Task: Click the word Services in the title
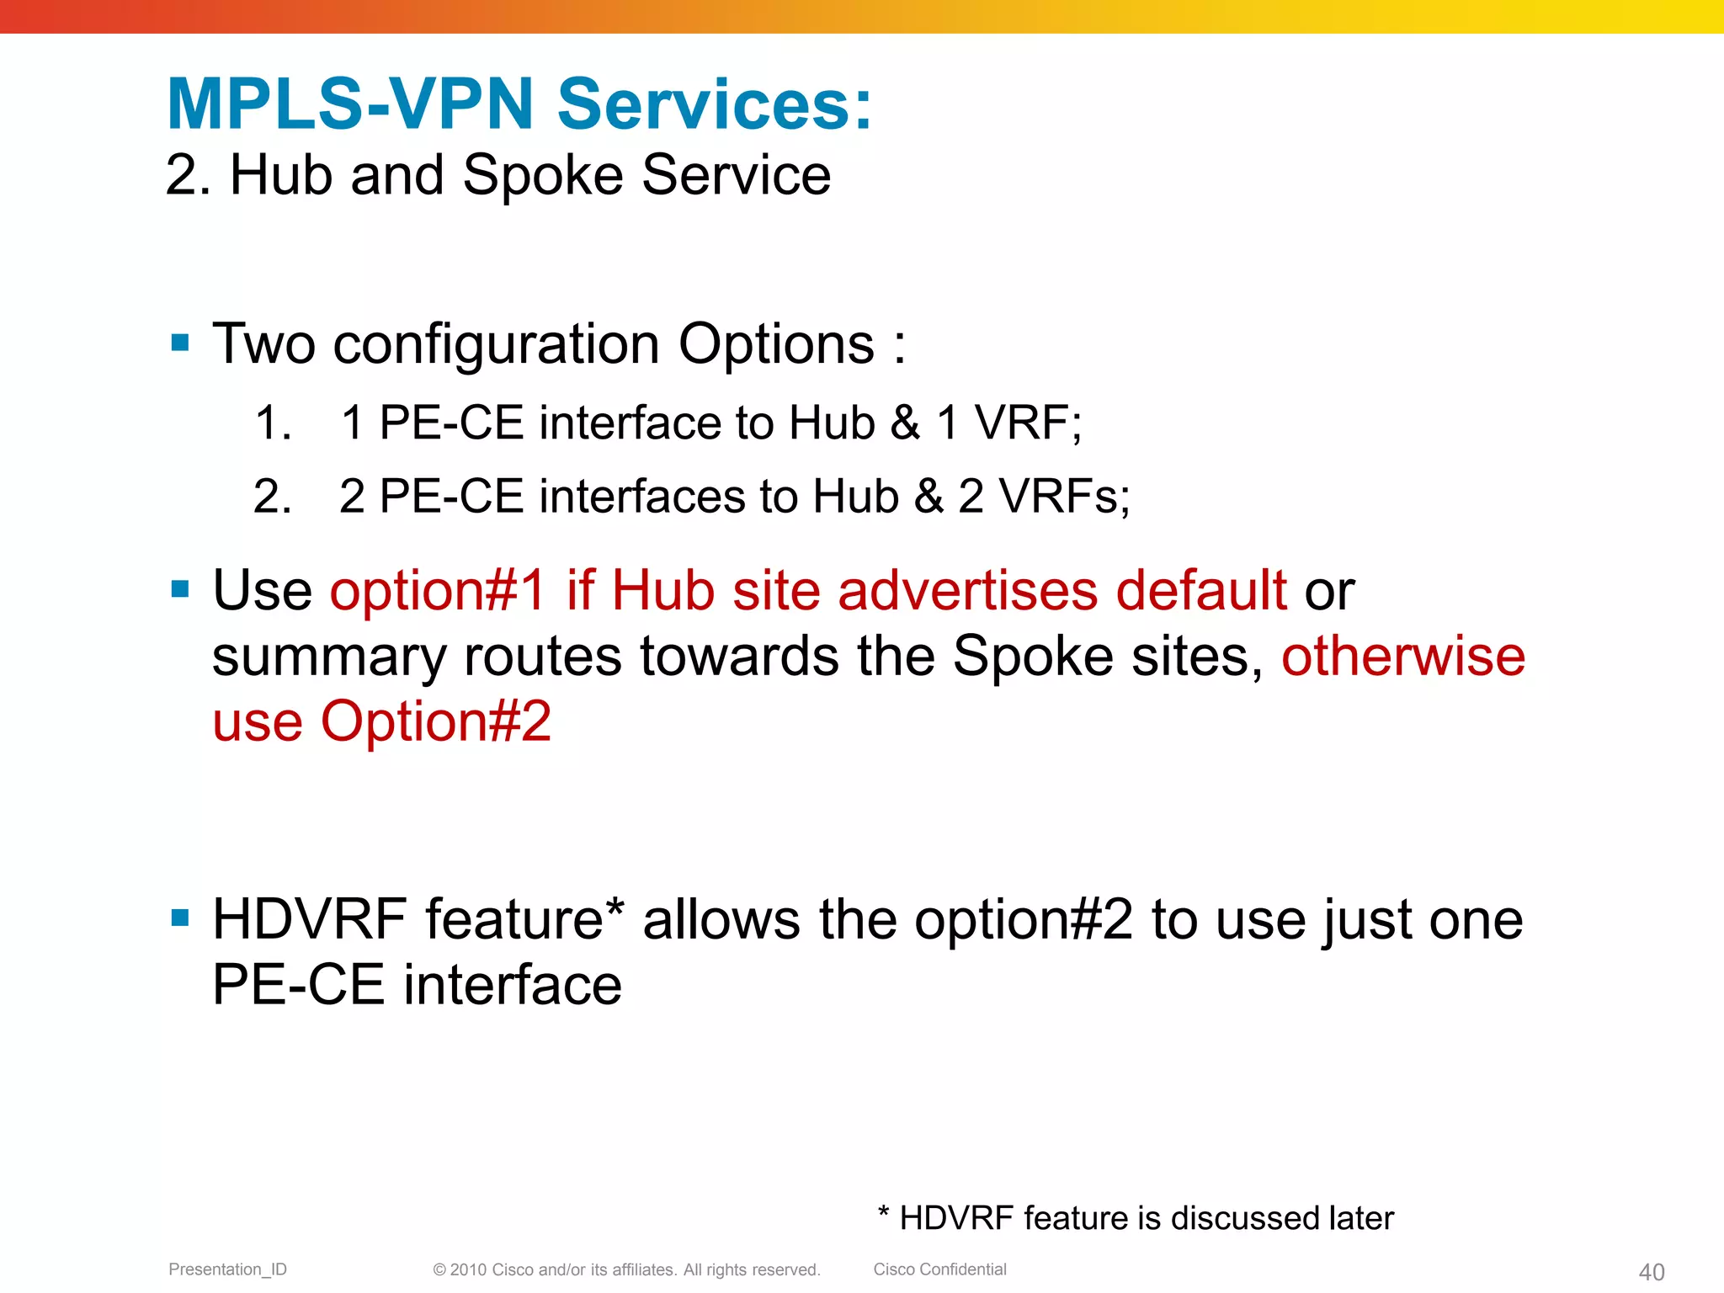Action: [x=715, y=104]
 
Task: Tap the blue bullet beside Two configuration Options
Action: [x=179, y=343]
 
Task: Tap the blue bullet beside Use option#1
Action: [x=179, y=588]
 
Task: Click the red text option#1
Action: [x=439, y=590]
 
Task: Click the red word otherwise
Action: [x=1403, y=656]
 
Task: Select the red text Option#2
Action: [x=436, y=721]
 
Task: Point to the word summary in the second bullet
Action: [x=329, y=657]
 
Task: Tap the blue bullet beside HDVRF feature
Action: [x=179, y=918]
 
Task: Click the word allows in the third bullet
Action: [x=721, y=919]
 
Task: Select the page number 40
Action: [x=1652, y=1272]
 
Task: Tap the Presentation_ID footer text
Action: [x=227, y=1269]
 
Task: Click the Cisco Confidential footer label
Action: [x=939, y=1269]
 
